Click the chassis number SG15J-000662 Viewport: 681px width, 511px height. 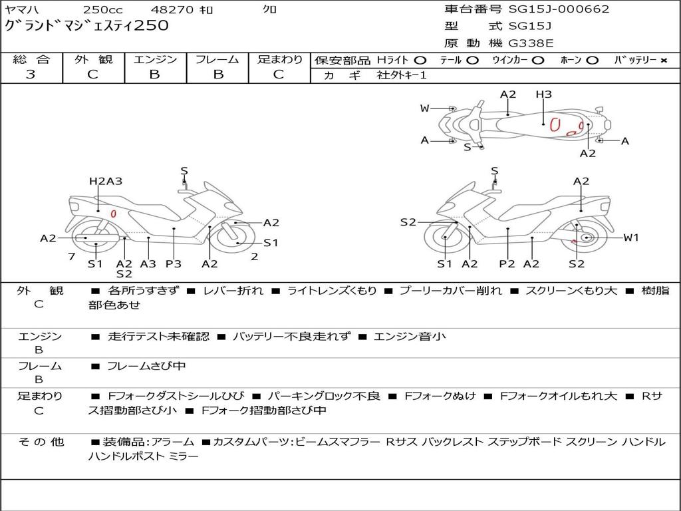click(x=559, y=9)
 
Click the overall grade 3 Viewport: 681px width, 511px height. click(x=31, y=75)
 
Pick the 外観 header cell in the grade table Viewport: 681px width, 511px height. click(x=93, y=59)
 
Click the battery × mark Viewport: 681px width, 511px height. click(x=663, y=61)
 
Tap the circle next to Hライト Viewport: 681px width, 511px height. click(x=420, y=61)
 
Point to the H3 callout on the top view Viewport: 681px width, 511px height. click(x=543, y=94)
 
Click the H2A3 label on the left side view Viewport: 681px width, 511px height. click(x=106, y=181)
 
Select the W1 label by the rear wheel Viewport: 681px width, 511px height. click(x=631, y=238)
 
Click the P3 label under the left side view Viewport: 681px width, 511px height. click(x=174, y=263)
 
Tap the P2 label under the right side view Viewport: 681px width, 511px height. click(x=507, y=263)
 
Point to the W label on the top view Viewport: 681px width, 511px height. click(x=424, y=108)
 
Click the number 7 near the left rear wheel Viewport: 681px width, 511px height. click(x=72, y=257)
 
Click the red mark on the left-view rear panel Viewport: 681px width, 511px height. click(x=113, y=214)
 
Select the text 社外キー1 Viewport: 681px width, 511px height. click(x=402, y=75)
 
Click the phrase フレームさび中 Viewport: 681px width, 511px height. click(x=146, y=367)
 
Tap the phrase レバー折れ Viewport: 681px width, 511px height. click(x=233, y=291)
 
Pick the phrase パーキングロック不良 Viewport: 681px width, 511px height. click(x=324, y=397)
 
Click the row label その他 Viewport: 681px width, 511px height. click(x=41, y=442)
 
